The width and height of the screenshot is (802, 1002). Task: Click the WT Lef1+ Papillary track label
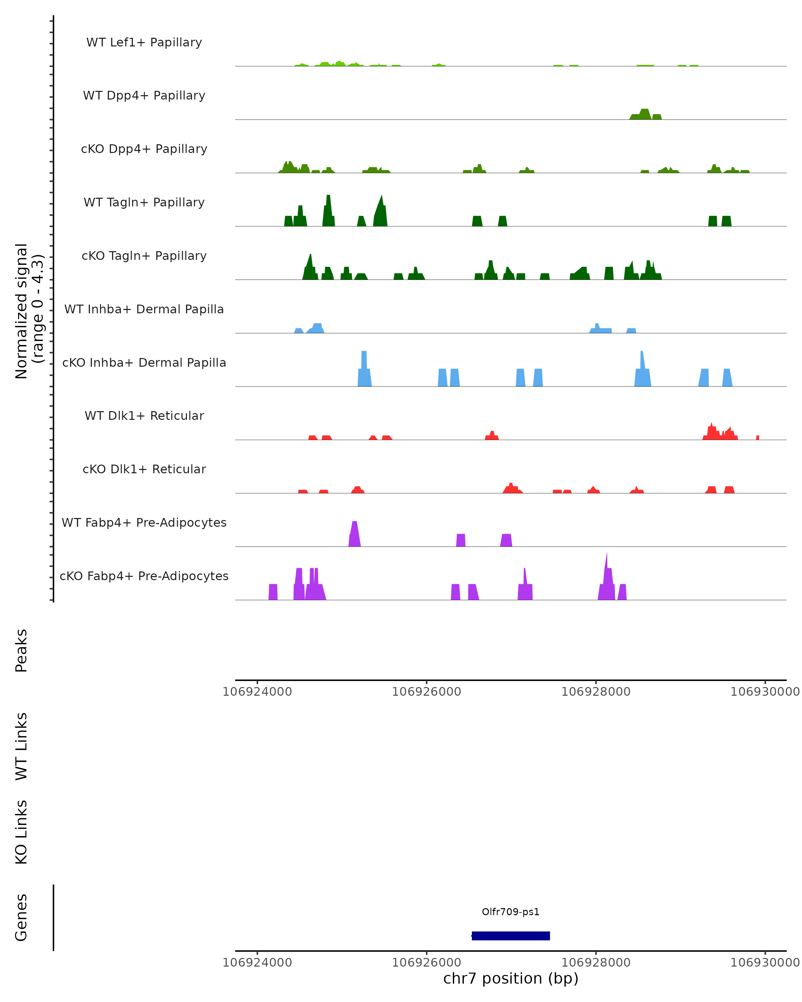pos(144,42)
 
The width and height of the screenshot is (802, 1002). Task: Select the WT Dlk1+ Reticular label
pos(144,415)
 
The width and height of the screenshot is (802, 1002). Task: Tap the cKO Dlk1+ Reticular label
pos(144,469)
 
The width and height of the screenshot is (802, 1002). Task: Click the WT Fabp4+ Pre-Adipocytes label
pos(144,522)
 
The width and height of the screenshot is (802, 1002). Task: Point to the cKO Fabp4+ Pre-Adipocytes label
pos(144,576)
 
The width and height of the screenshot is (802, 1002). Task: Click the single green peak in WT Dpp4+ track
pos(644,114)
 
